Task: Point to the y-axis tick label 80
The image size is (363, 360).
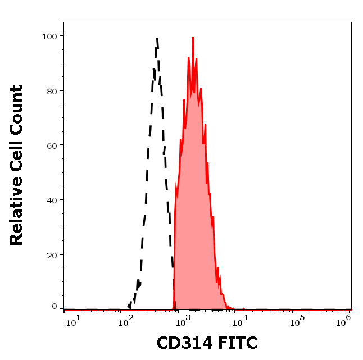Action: coord(51,90)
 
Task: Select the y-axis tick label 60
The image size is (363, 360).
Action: coord(51,145)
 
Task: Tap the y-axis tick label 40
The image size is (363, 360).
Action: coord(51,199)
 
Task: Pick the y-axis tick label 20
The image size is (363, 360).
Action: coord(51,254)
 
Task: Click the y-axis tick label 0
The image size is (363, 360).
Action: coord(55,307)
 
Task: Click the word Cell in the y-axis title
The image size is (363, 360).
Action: coord(16,155)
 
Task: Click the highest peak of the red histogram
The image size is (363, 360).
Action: coord(193,38)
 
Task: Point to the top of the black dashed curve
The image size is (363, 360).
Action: coord(157,38)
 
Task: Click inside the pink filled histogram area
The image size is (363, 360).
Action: coord(194,197)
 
